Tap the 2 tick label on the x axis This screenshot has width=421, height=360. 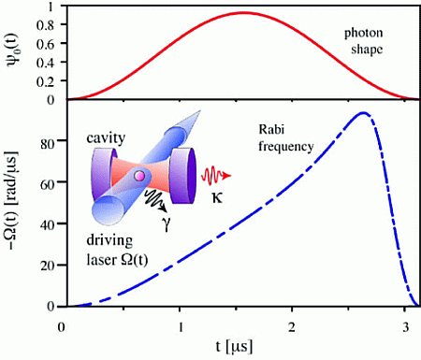[294, 325]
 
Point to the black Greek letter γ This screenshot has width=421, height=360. [166, 222]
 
